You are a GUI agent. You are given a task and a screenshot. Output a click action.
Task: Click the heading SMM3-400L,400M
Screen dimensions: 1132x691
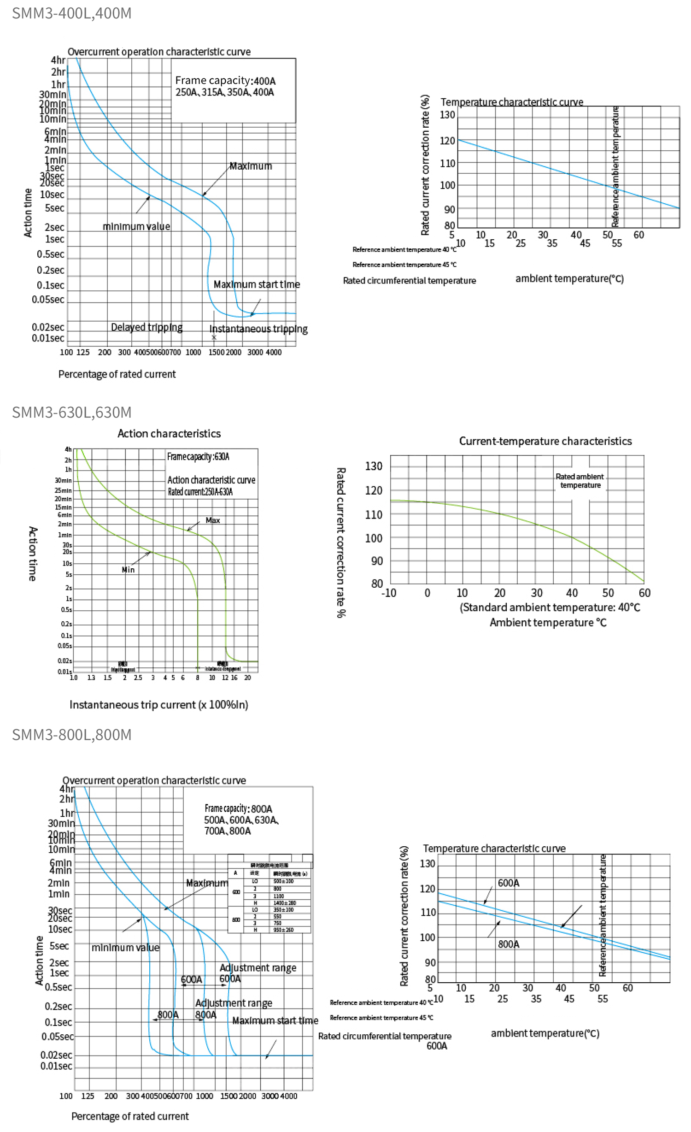click(x=71, y=13)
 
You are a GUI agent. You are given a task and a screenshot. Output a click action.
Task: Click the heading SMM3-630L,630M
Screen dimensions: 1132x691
click(x=71, y=412)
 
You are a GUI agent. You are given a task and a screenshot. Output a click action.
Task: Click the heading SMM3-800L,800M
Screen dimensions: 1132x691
click(x=71, y=734)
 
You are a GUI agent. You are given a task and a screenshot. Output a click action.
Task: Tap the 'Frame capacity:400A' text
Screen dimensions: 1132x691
click(x=225, y=81)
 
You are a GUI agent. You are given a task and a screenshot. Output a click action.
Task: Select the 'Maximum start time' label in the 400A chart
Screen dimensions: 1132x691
click(x=257, y=284)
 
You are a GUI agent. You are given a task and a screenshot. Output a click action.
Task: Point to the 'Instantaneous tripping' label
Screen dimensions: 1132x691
click(x=258, y=329)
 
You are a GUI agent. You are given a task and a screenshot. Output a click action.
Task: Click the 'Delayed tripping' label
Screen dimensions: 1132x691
click(x=146, y=327)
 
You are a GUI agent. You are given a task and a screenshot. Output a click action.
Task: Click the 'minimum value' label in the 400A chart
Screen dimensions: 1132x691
click(x=136, y=226)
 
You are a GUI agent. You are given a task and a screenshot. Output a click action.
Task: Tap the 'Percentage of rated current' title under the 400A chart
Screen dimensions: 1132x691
click(x=117, y=374)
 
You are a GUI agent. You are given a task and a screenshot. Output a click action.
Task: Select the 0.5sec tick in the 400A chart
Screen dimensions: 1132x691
click(x=50, y=254)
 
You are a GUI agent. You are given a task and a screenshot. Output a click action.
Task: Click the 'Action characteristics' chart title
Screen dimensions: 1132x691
click(x=169, y=433)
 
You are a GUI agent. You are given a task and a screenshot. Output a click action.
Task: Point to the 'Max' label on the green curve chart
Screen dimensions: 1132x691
click(x=212, y=520)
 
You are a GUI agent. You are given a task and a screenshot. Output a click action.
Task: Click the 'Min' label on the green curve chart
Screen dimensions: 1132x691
click(x=128, y=570)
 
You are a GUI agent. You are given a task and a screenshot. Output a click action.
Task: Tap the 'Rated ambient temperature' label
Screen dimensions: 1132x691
click(x=580, y=481)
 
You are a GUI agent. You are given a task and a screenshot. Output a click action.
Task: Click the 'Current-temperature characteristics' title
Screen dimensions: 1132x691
click(x=545, y=441)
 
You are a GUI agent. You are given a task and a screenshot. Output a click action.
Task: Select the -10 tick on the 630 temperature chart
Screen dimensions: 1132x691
click(x=388, y=593)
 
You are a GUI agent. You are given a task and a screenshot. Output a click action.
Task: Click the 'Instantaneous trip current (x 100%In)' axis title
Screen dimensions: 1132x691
click(x=158, y=704)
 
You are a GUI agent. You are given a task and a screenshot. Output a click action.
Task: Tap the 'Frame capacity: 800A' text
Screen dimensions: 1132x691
click(x=238, y=808)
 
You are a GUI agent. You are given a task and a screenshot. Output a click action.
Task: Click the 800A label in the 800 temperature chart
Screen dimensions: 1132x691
click(x=508, y=944)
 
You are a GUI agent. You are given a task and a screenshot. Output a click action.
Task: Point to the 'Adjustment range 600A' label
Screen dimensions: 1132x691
click(x=257, y=972)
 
